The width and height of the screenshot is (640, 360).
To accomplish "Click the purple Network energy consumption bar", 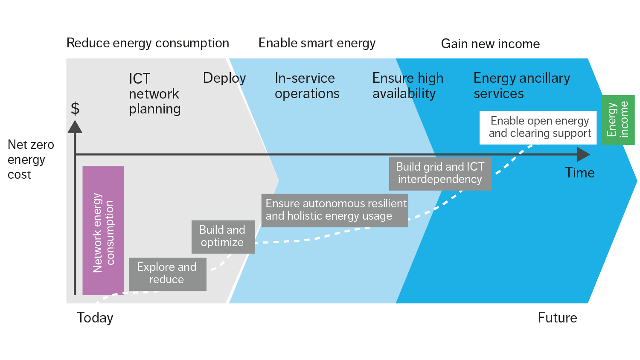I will coord(103,230).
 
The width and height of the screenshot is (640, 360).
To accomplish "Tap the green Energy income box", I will coord(618,120).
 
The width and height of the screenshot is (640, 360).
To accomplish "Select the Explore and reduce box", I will coord(167,274).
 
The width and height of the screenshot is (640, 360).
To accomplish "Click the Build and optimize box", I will coord(223,237).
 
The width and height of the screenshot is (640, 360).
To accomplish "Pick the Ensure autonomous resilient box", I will coord(335,210).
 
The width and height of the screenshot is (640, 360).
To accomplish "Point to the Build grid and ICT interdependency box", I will coord(440,174).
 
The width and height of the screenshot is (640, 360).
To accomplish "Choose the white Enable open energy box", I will coord(539,128).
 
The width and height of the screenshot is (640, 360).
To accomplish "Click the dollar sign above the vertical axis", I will coord(75,109).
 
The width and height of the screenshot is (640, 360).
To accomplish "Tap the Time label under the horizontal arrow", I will coord(579,173).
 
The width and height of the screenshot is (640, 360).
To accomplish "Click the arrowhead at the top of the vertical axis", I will coord(75,127).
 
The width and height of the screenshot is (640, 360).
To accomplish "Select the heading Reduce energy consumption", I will coord(148,44).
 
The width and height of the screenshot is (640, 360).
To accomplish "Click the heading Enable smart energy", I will coord(317,44).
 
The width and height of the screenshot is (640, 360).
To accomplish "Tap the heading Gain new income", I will coord(490,44).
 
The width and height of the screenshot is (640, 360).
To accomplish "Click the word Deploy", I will coord(224,78).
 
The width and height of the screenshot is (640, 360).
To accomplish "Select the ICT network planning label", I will coord(154,94).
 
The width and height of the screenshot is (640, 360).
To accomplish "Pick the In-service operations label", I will coord(307,86).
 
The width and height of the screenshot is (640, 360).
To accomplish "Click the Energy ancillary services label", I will coord(521,86).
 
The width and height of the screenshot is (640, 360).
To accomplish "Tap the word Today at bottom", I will coord(95,318).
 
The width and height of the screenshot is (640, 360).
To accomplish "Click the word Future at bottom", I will coord(557,318).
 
